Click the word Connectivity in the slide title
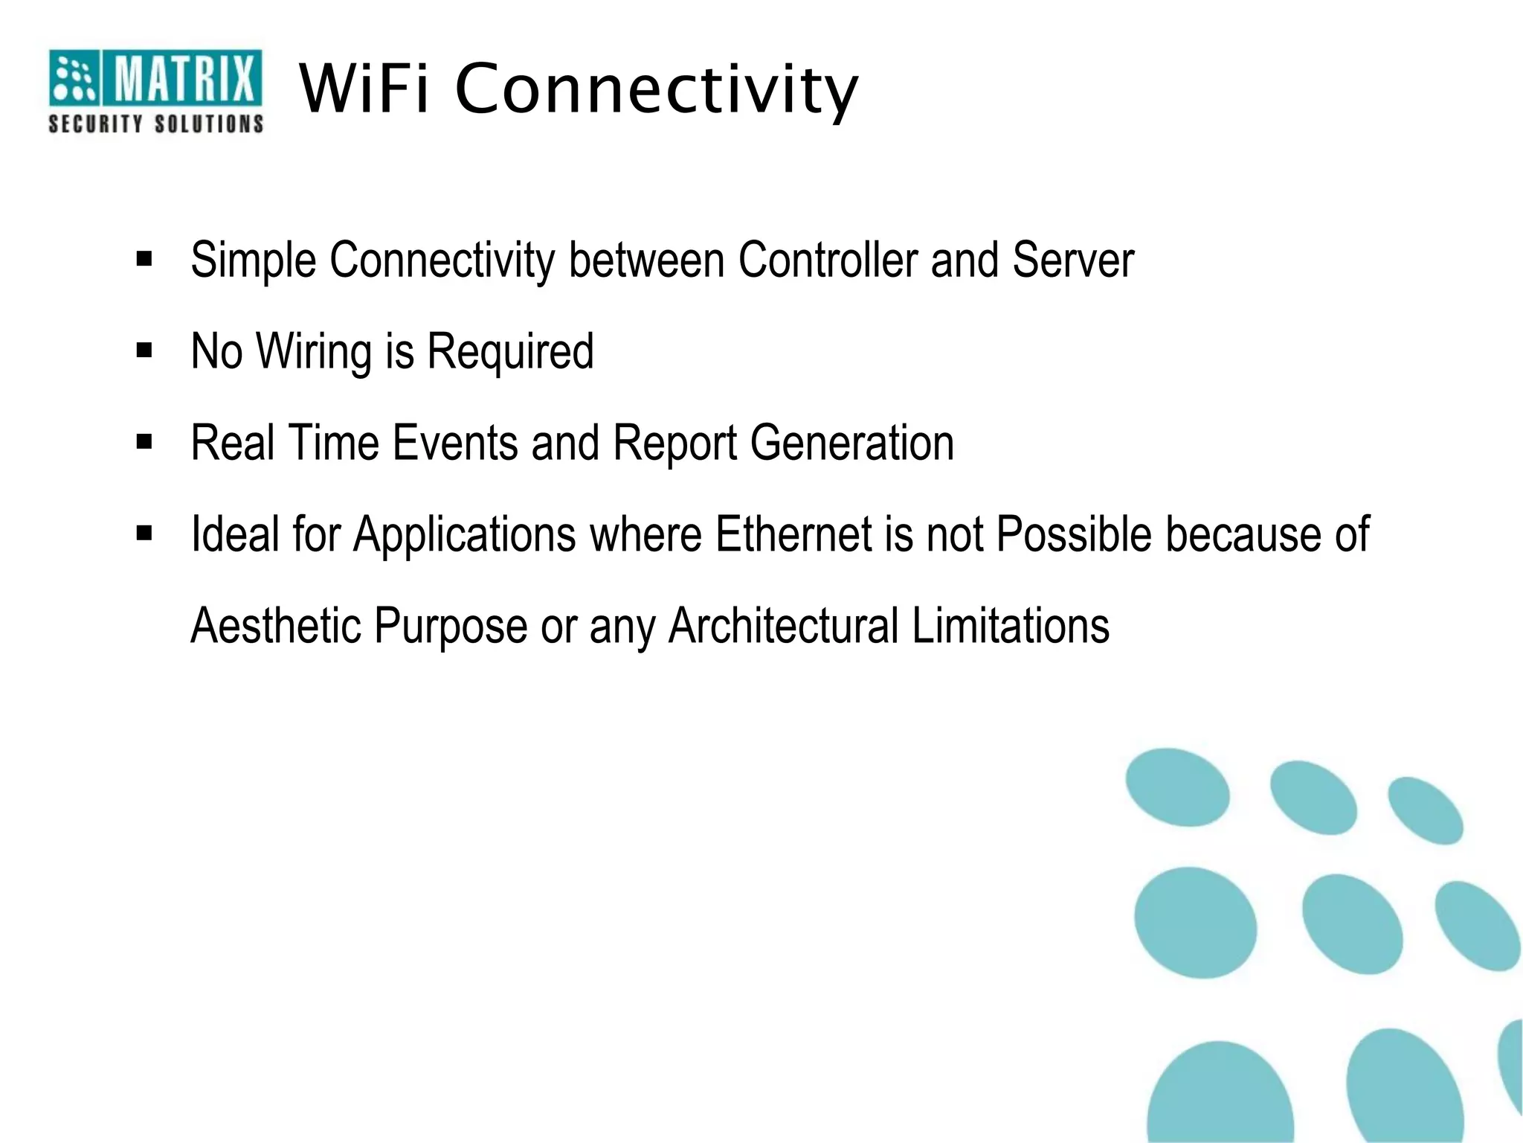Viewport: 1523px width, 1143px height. click(x=656, y=91)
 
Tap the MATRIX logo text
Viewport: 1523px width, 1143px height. click(x=183, y=78)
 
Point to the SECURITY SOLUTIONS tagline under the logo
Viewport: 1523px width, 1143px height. click(x=156, y=124)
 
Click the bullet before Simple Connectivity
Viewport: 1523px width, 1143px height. click(x=144, y=260)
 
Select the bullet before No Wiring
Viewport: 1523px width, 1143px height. click(x=144, y=350)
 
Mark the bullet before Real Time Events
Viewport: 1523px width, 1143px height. click(x=144, y=442)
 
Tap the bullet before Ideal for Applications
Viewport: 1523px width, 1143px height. click(x=144, y=534)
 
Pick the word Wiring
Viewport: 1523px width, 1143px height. click(x=314, y=351)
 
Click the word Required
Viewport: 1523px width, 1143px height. click(x=510, y=351)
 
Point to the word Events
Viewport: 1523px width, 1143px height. click(x=454, y=443)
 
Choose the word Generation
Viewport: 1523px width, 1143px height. click(x=851, y=443)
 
